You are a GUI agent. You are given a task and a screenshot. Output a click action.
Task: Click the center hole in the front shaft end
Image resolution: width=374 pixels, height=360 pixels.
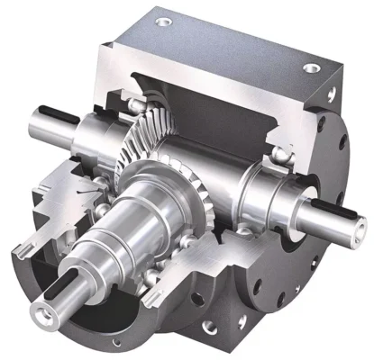[41, 313]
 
